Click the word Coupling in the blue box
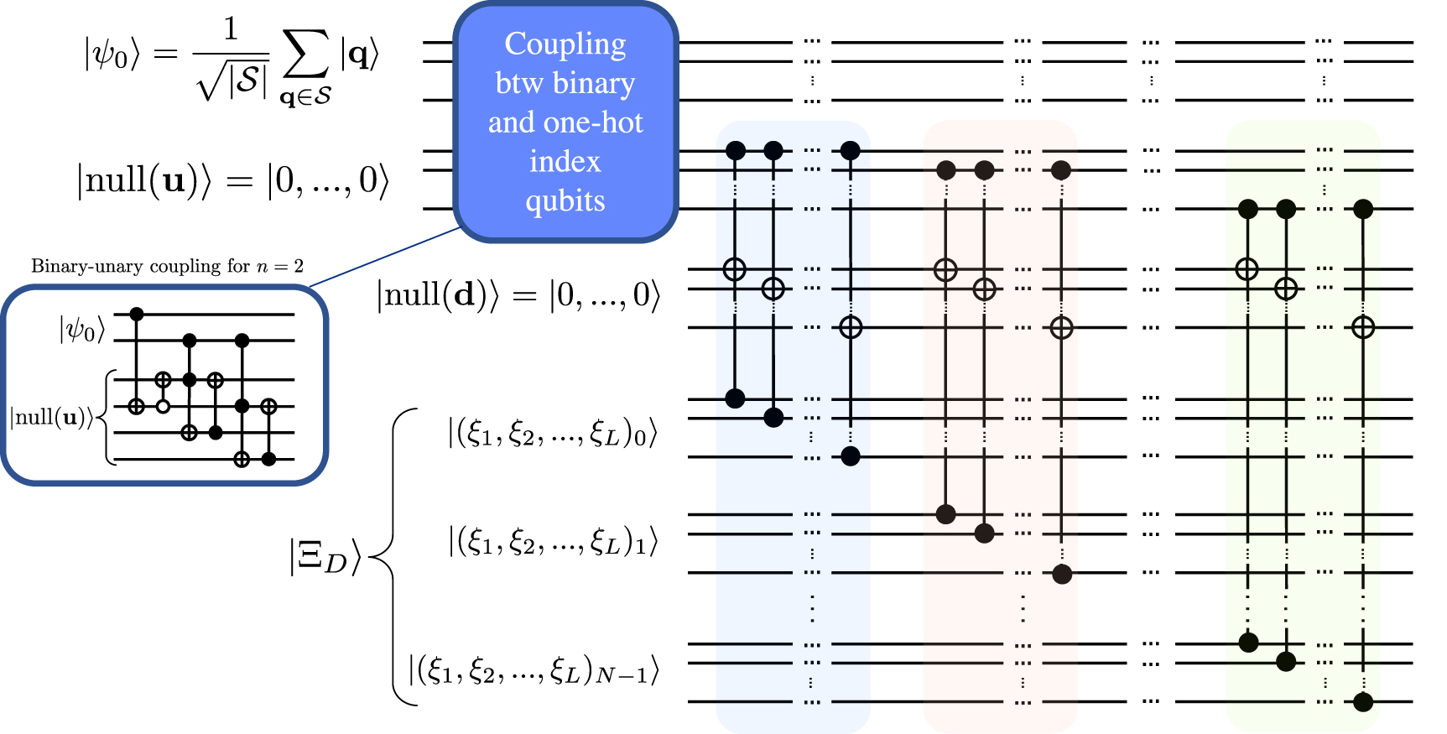[x=565, y=44]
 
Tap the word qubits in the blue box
[x=565, y=201]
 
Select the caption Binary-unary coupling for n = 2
[x=167, y=267]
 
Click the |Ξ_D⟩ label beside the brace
[x=325, y=557]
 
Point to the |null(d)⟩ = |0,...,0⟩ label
[x=518, y=295]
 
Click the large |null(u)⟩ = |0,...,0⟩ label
[x=233, y=180]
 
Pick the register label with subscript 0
[x=552, y=434]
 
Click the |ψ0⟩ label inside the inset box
[x=81, y=330]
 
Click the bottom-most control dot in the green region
[x=1363, y=701]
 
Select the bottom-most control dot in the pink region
[x=1062, y=574]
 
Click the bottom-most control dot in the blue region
[x=851, y=456]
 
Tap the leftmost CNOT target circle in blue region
[x=735, y=269]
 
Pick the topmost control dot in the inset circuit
[x=138, y=314]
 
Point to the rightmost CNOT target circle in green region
[x=1363, y=327]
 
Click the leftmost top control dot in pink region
[x=946, y=170]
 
